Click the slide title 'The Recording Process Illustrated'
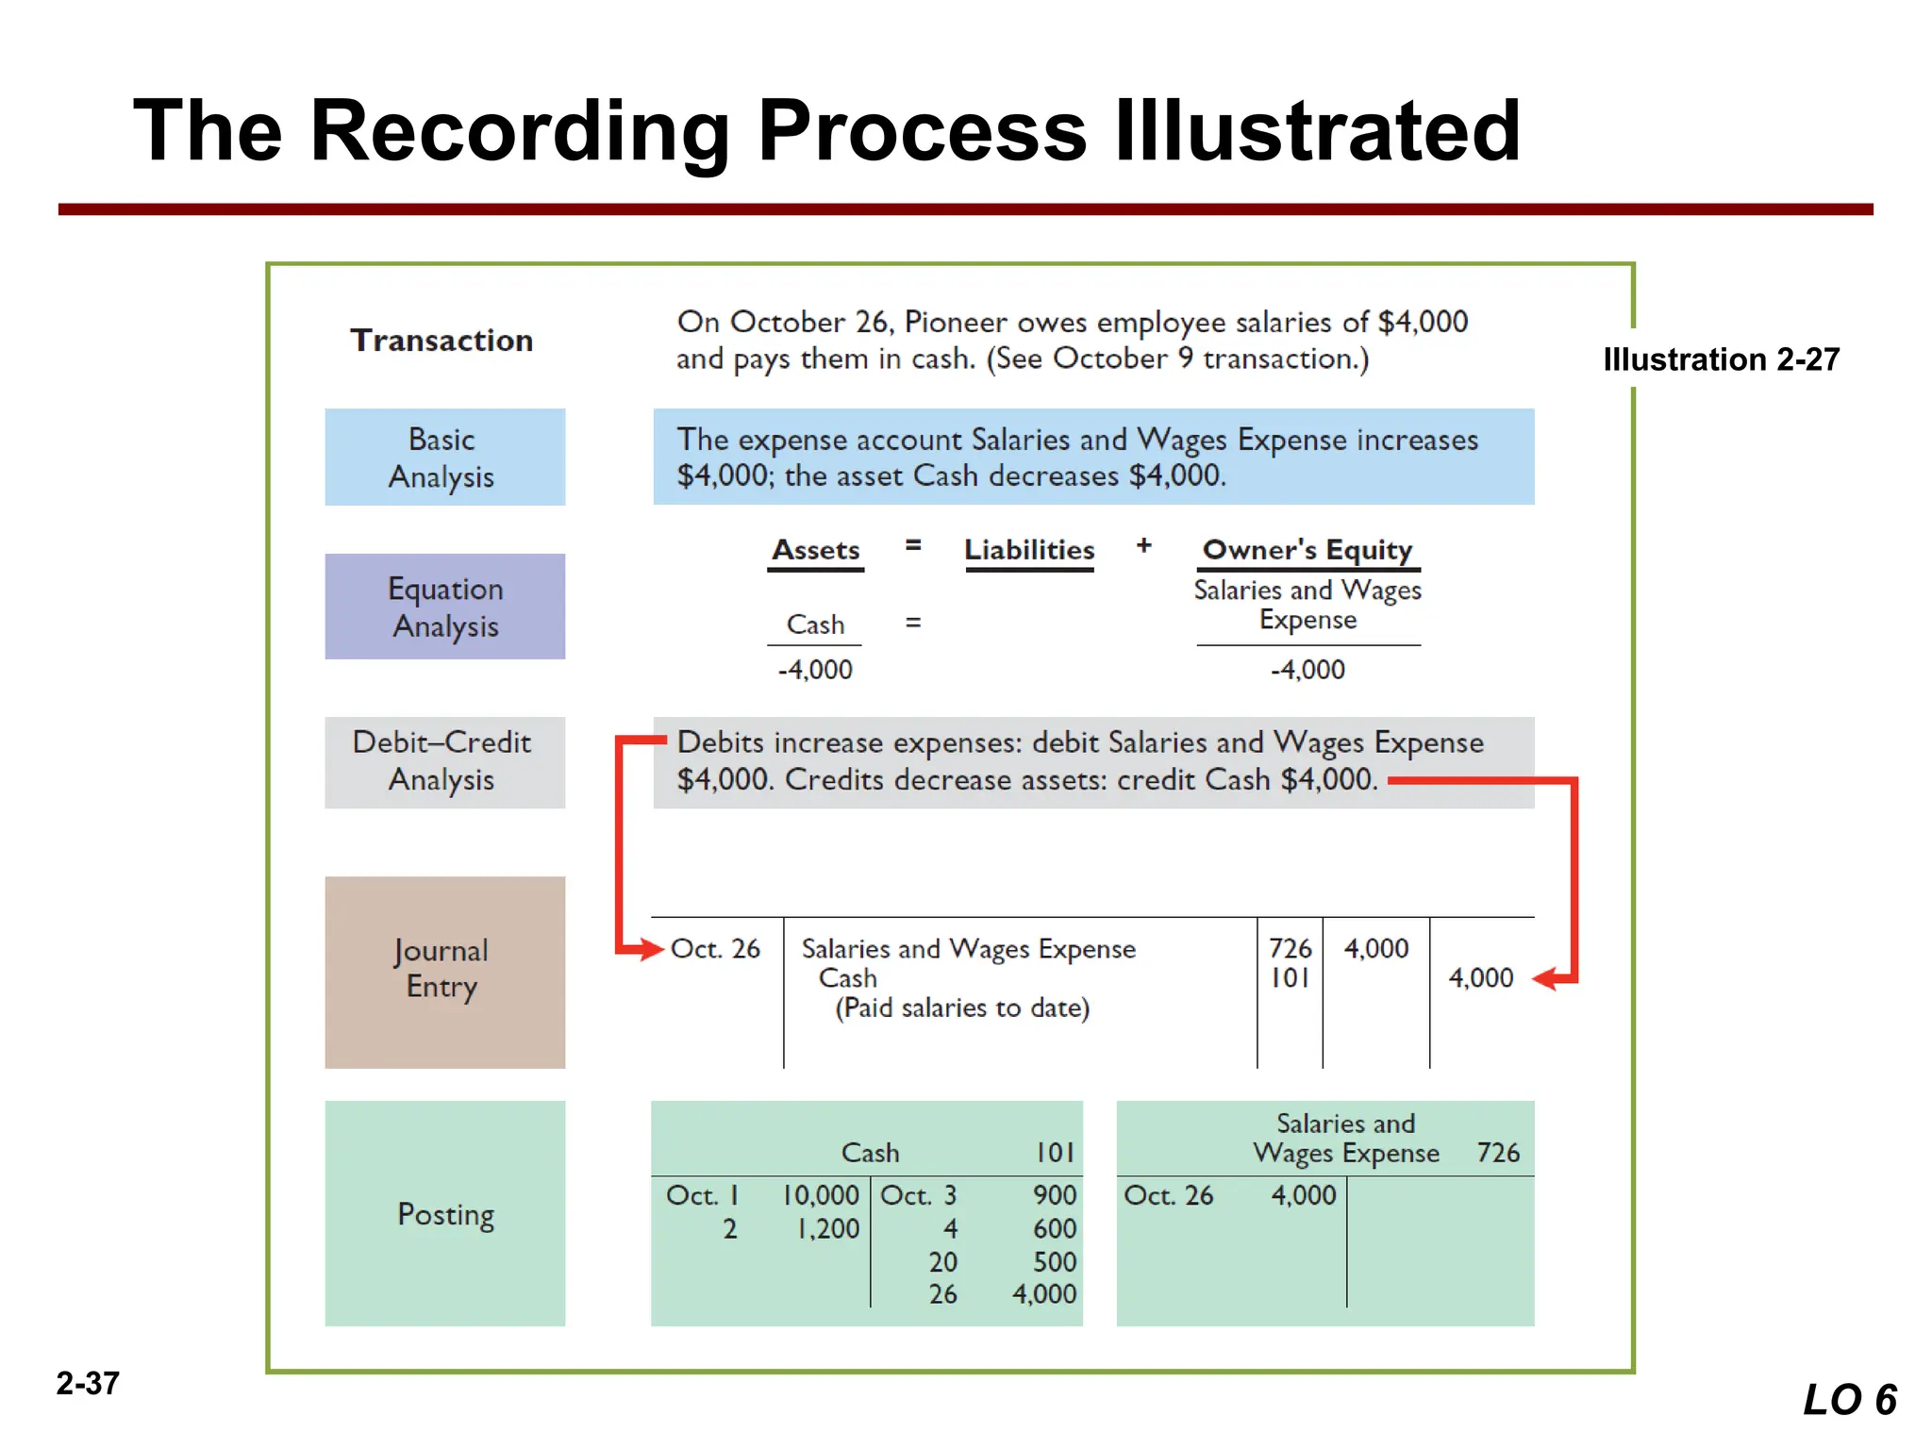click(826, 131)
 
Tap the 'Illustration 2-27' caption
click(1721, 359)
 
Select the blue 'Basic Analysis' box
click(444, 458)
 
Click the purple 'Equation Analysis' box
click(444, 607)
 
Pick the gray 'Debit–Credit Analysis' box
click(444, 761)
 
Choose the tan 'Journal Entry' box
click(444, 972)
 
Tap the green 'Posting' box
click(444, 1213)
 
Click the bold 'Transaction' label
click(441, 340)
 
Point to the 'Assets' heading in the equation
click(816, 550)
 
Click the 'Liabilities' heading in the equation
click(1029, 550)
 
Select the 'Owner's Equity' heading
click(1307, 550)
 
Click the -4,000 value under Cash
click(815, 670)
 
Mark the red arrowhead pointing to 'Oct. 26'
click(651, 949)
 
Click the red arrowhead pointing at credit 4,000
click(1545, 979)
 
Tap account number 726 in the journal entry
click(1290, 948)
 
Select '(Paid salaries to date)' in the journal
click(962, 1008)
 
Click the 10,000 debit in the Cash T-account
click(821, 1195)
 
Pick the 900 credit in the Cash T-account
click(1054, 1195)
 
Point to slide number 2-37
click(88, 1383)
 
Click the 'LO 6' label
click(1849, 1399)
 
